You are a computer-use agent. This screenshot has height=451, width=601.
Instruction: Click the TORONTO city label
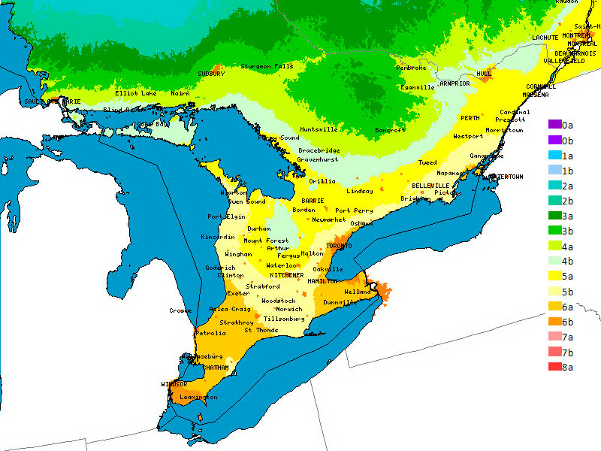[x=339, y=246]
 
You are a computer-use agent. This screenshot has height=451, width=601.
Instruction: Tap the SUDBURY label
[x=211, y=74]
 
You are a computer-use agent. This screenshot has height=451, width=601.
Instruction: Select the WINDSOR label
[x=174, y=384]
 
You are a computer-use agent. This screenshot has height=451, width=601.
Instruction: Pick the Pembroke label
[x=411, y=68]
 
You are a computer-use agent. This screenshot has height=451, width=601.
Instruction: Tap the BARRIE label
[x=313, y=201]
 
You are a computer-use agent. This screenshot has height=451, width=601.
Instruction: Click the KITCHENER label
[x=287, y=275]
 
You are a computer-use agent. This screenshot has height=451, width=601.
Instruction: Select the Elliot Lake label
[x=136, y=93]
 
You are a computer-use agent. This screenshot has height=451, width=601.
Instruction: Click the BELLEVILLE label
[x=430, y=185]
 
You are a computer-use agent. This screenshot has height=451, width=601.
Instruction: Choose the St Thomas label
[x=262, y=329]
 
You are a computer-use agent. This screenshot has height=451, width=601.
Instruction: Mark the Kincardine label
[x=219, y=237]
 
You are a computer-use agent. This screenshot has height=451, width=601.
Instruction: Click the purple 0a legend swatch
[x=554, y=125]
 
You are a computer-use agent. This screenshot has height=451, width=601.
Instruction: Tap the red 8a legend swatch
[x=554, y=367]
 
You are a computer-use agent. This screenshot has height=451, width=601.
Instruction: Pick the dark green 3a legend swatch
[x=554, y=216]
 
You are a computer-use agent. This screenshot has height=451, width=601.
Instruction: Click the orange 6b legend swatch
[x=554, y=322]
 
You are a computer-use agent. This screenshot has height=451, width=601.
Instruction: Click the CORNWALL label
[x=541, y=86]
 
